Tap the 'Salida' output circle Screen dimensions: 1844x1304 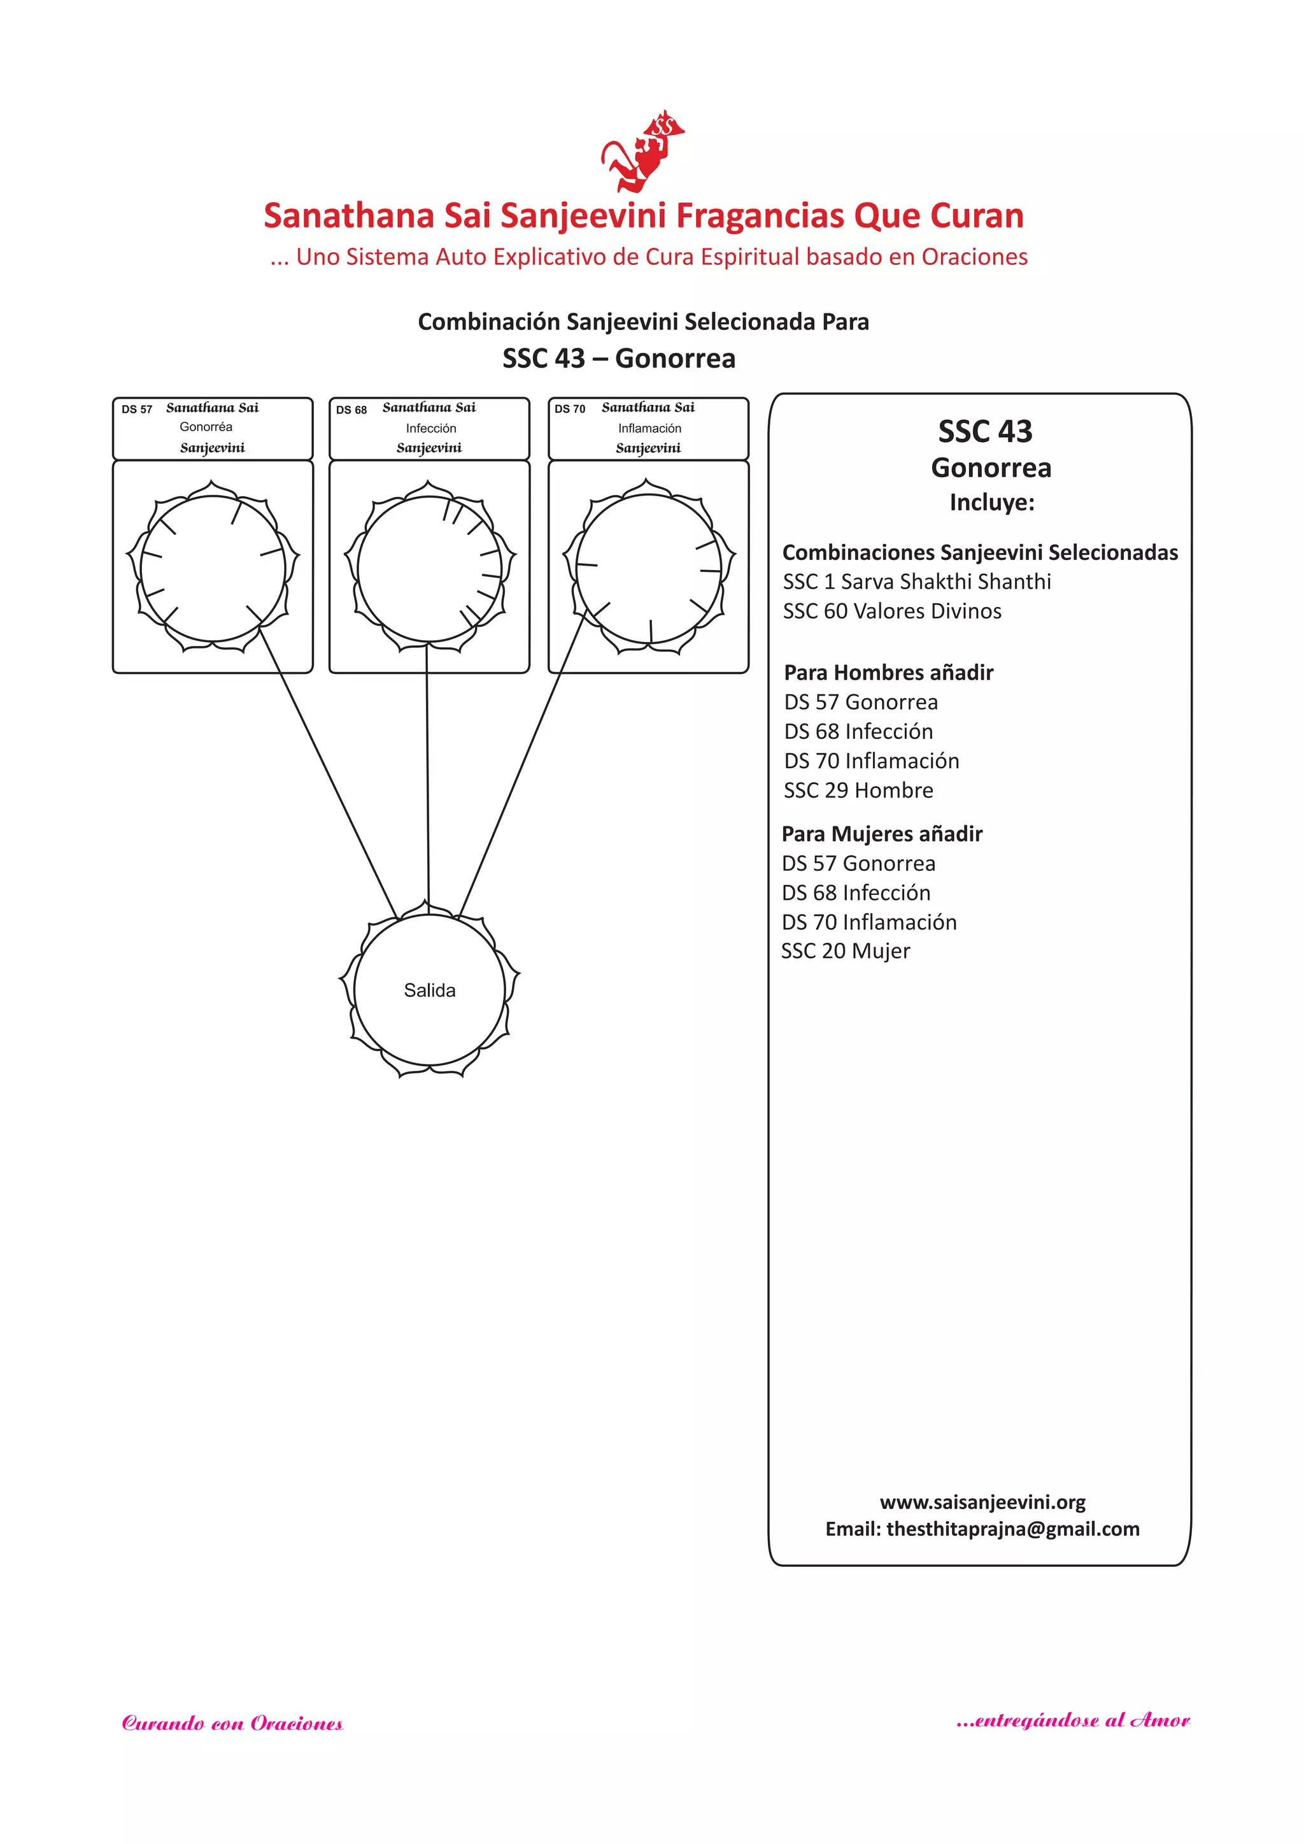coord(430,990)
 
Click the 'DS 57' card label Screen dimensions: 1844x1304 coord(136,410)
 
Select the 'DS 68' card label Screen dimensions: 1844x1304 coord(351,410)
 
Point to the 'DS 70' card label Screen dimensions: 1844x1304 coord(569,410)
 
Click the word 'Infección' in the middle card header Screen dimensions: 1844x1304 coord(430,429)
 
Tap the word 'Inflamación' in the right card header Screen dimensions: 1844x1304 coord(649,429)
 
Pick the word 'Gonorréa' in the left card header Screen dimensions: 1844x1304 coord(206,427)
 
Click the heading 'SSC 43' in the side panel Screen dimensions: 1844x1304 coord(984,432)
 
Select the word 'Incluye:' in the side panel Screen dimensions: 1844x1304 coord(991,503)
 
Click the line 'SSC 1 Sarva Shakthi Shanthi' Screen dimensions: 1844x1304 coord(916,582)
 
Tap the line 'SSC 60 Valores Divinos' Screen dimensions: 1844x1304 coord(891,611)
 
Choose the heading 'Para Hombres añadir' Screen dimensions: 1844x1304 coord(888,672)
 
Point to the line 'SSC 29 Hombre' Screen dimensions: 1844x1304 coord(858,790)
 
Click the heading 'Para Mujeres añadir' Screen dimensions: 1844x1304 coord(882,834)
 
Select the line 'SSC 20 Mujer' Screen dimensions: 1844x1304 coord(845,951)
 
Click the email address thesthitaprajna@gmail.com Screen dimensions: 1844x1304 coord(1012,1529)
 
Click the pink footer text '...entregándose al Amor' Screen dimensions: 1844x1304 coord(1073,1720)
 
